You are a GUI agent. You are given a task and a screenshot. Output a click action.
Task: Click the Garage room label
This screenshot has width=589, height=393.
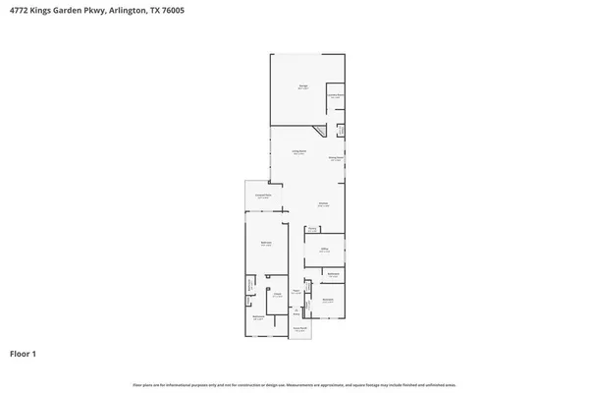click(x=303, y=88)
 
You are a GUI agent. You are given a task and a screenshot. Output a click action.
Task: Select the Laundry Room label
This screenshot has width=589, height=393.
click(x=335, y=96)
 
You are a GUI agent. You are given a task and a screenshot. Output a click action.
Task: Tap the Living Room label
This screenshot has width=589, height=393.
click(x=297, y=153)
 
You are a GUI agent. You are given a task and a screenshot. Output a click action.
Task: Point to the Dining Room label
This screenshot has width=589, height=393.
click(x=335, y=158)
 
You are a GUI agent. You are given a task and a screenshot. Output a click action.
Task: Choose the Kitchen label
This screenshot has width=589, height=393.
click(x=322, y=204)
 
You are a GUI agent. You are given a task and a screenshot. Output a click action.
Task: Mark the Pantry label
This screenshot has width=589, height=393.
click(x=311, y=230)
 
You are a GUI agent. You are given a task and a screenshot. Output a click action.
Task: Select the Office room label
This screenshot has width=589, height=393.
click(x=323, y=251)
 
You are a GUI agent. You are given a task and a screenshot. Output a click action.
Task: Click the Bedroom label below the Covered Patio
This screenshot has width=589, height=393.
click(x=265, y=244)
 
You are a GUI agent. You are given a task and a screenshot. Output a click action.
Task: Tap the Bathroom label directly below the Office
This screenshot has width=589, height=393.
click(x=333, y=274)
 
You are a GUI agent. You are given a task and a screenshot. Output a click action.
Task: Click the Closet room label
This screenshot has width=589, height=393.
click(x=278, y=295)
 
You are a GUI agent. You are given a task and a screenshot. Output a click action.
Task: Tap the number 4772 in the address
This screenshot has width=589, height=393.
click(x=20, y=10)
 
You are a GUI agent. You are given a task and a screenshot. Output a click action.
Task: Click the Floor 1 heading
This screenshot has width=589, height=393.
click(x=24, y=353)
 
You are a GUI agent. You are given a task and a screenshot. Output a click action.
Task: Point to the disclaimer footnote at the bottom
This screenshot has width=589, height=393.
click(x=294, y=384)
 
